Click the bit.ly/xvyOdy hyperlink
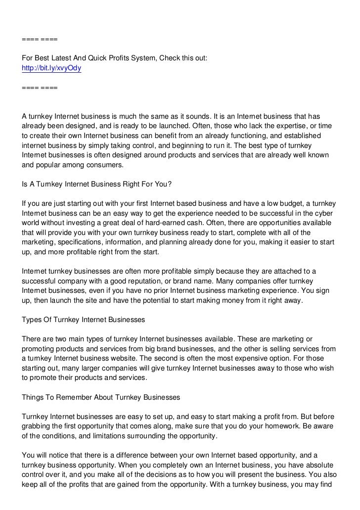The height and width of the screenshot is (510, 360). click(x=51, y=69)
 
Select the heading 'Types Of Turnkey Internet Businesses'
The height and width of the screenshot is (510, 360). click(x=84, y=320)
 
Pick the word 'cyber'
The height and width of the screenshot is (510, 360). click(x=324, y=213)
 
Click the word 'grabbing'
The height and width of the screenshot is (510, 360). click(x=36, y=426)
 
